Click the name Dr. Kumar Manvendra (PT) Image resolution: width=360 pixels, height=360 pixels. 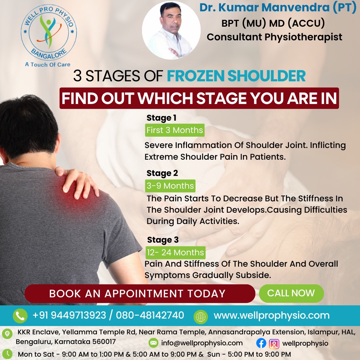[x=278, y=8]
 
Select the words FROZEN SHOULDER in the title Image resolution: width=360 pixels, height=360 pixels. [x=236, y=76]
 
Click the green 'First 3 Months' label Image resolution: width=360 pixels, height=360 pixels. [x=175, y=130]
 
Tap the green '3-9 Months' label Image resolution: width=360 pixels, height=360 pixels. [x=170, y=186]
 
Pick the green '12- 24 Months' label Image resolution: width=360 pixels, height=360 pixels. [x=175, y=252]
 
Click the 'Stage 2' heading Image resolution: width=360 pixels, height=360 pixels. [x=162, y=173]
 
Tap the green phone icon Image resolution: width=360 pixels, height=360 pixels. [x=20, y=316]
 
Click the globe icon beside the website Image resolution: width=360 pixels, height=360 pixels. [x=201, y=316]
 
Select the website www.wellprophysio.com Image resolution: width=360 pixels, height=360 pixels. [x=271, y=315]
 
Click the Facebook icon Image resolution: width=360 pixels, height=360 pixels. [x=261, y=343]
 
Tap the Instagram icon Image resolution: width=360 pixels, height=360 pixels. [x=274, y=343]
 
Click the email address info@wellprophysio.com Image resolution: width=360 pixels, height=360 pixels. [x=202, y=343]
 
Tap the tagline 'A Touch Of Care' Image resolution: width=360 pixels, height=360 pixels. [x=48, y=64]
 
